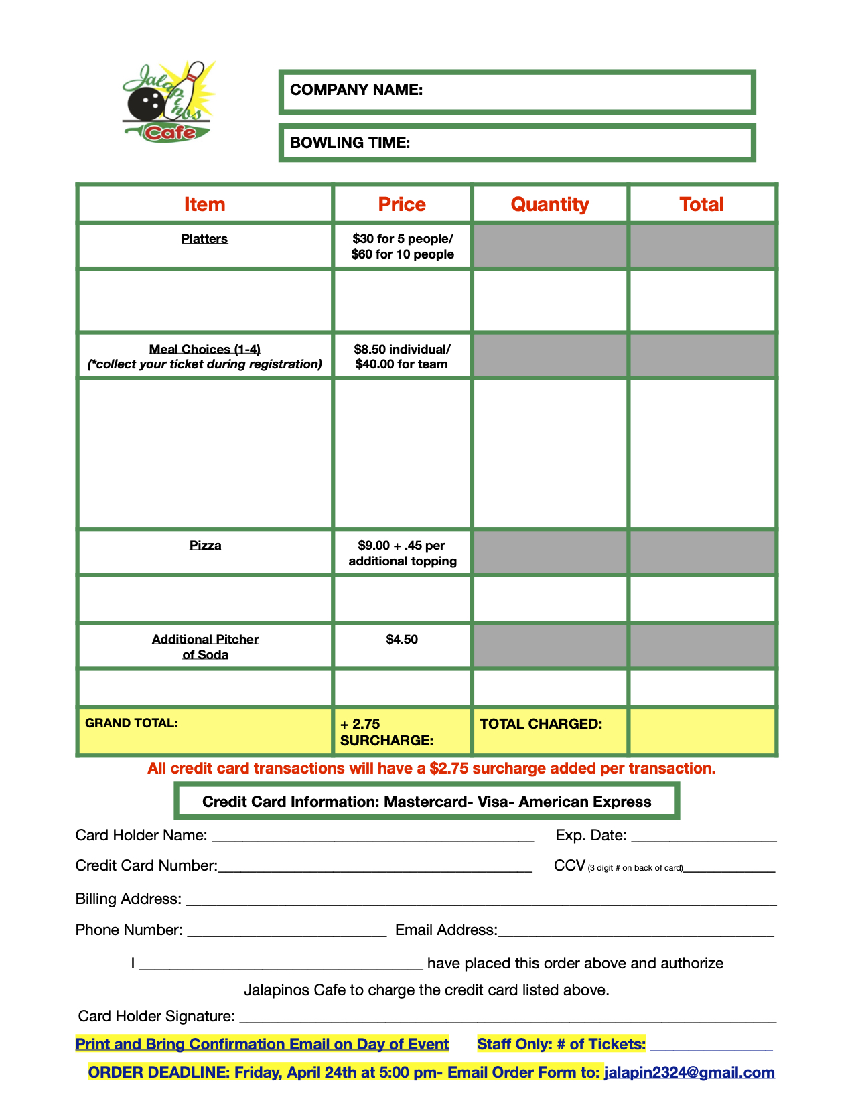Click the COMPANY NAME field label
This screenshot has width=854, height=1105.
coord(356,90)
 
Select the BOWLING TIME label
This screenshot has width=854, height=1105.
coord(350,143)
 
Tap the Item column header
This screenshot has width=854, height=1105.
coord(204,204)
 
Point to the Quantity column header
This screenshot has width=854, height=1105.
coord(549,204)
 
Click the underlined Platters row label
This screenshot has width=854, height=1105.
coord(204,239)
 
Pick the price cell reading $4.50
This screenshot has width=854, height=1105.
coord(402,640)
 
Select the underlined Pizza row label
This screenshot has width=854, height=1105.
coord(205,546)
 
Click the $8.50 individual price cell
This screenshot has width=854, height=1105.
coord(402,356)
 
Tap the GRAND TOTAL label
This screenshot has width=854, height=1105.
coord(131,723)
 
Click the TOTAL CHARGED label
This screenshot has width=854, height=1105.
coord(541,724)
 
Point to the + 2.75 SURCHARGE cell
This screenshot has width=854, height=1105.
coord(386,732)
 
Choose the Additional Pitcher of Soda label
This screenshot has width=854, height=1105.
coord(205,647)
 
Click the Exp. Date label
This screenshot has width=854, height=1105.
coord(591,836)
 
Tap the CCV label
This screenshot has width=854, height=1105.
coord(570,866)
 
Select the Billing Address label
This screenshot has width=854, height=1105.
coord(128,899)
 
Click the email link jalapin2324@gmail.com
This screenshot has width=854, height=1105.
coord(689,1072)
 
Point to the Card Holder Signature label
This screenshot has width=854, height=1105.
coord(156,1017)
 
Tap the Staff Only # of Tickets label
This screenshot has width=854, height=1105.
coord(561,1044)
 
